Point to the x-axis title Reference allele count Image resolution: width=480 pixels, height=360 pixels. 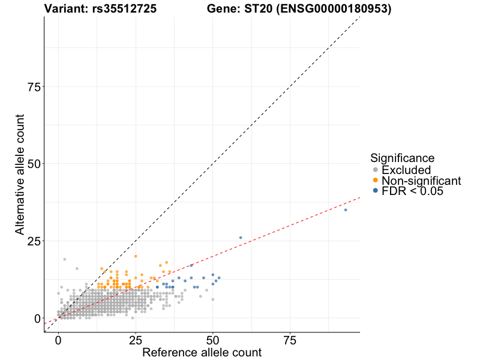click(202, 352)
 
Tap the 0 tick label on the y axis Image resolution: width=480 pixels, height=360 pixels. click(37, 318)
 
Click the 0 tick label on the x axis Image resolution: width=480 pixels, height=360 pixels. click(58, 340)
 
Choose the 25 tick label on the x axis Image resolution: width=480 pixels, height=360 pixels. click(136, 340)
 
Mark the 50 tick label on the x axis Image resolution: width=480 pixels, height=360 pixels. click(213, 340)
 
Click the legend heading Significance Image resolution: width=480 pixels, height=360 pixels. click(402, 158)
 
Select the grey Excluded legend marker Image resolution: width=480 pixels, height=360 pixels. click(376, 170)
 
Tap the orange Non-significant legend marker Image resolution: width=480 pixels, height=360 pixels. click(376, 181)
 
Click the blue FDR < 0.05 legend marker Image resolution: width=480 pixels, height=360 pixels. click(376, 191)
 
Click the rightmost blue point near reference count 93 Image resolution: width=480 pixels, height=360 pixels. click(346, 210)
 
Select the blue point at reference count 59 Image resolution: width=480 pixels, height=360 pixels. click(241, 238)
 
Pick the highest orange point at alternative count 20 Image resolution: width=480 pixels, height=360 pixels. click(136, 256)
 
